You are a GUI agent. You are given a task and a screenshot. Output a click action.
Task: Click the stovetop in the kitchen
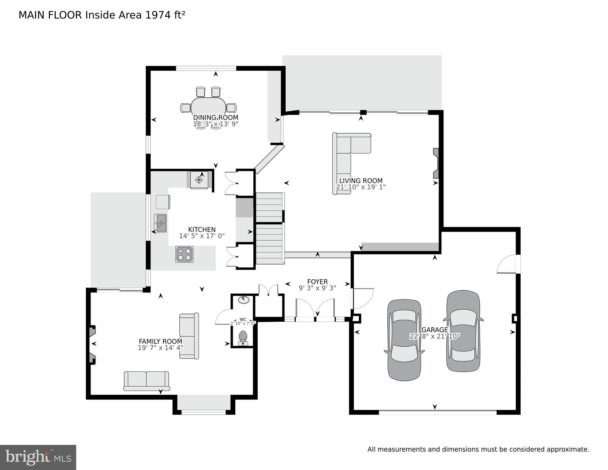pos(184,254)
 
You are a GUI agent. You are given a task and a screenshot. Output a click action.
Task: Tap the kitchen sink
pos(160,223)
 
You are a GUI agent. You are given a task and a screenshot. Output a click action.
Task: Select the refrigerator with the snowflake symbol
pos(199,180)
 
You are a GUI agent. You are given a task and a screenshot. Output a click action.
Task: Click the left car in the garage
pos(404,340)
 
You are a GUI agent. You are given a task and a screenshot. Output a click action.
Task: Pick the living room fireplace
pos(436,163)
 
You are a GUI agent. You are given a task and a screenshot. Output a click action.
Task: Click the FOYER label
pos(317,282)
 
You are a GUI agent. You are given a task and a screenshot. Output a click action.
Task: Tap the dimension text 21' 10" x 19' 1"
pos(361,187)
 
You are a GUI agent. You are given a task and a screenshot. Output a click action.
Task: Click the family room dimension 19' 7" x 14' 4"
pos(160,348)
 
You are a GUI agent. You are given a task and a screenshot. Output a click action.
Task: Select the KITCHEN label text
pos(202,230)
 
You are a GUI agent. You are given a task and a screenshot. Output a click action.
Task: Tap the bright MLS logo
pos(38,457)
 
